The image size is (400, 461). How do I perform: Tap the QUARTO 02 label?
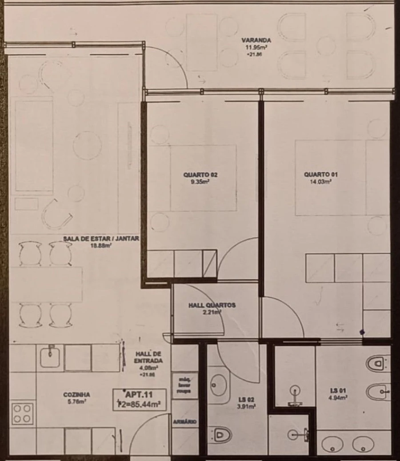[200, 175]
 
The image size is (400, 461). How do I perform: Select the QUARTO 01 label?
[317, 175]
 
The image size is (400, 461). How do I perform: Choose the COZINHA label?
[76, 394]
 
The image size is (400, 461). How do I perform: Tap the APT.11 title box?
[140, 399]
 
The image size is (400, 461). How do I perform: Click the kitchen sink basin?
[50, 357]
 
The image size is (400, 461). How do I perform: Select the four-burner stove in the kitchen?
[22, 413]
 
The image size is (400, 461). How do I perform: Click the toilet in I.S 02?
[220, 433]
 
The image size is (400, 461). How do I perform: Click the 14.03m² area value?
[317, 181]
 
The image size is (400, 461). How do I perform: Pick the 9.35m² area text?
[200, 181]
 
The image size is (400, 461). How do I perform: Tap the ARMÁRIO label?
[184, 421]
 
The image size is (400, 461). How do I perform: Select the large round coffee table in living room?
[87, 145]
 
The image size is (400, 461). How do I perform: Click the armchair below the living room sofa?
[56, 214]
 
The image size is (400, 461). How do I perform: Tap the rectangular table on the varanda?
[202, 42]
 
